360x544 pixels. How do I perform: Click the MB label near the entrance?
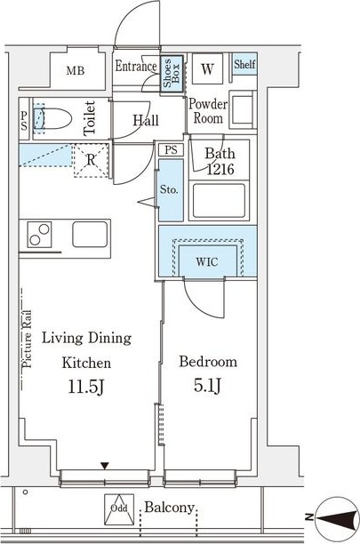[76, 71]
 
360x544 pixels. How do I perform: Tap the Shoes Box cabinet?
[172, 73]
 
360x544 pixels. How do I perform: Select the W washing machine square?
[207, 68]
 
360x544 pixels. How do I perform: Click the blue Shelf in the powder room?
[244, 64]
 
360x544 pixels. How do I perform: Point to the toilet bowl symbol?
[52, 118]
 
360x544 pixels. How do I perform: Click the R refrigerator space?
[91, 160]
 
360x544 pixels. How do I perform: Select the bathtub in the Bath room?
[219, 201]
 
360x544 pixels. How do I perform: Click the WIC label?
[207, 262]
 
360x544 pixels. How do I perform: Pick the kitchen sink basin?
[90, 234]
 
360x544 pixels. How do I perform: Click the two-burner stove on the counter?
[39, 235]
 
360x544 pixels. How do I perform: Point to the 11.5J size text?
[85, 387]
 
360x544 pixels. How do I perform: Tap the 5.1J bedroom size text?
[207, 386]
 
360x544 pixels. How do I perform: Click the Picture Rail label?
[27, 339]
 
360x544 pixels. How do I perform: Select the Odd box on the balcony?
[119, 509]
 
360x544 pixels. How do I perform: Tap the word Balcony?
[169, 508]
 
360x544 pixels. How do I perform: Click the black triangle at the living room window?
[105, 466]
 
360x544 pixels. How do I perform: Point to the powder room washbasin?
[244, 109]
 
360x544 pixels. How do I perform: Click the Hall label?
[146, 120]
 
